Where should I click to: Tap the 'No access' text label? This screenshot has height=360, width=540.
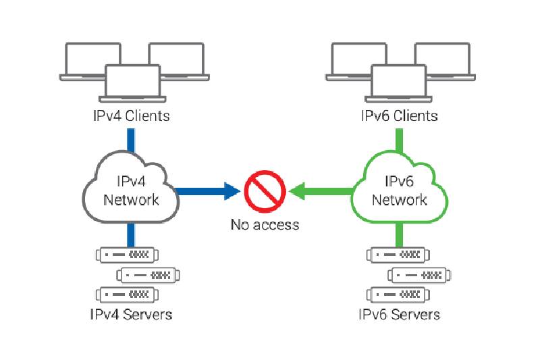point(265,224)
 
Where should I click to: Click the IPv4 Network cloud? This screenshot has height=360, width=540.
point(131,190)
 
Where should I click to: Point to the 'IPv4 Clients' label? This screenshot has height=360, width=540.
point(131,115)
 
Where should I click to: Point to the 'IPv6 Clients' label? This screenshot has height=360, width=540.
point(399,115)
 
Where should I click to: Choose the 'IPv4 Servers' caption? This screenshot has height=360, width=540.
point(131,314)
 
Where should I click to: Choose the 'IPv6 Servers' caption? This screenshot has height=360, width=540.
point(399,314)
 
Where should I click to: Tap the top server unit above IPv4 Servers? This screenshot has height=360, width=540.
point(127,255)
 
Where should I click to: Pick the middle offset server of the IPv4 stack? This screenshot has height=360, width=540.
point(149,275)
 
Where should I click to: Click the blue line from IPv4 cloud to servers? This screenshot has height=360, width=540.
point(131,235)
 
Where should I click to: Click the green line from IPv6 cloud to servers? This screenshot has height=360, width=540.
point(399,235)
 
